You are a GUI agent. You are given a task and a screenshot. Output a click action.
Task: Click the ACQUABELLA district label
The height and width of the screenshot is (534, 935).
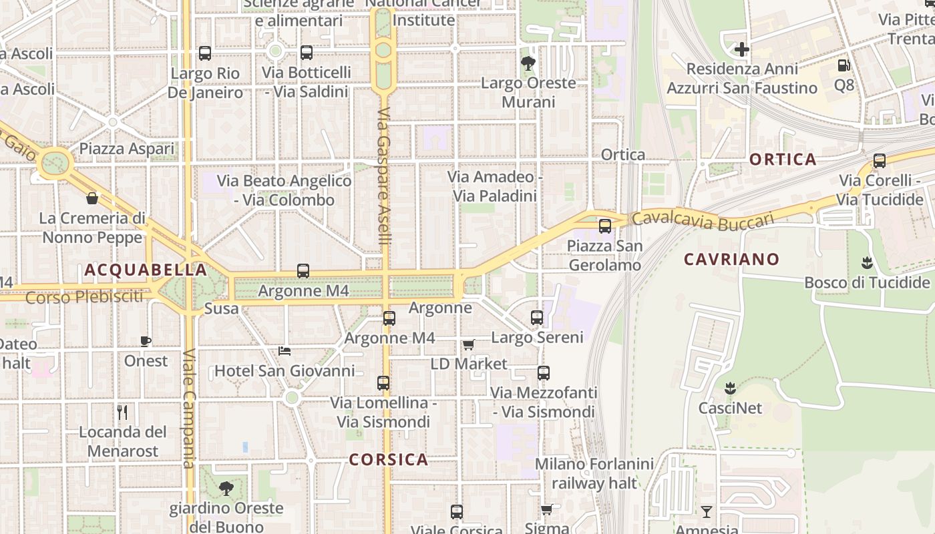coord(146,270)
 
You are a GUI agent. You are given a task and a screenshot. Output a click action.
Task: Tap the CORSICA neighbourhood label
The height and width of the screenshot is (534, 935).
coord(389,459)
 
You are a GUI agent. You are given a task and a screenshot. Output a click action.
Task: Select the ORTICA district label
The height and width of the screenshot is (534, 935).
coord(783,160)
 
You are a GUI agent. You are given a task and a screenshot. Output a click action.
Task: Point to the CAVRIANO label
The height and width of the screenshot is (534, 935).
coord(731,259)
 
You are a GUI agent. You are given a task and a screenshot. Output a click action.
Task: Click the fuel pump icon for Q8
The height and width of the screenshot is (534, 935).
coord(844,65)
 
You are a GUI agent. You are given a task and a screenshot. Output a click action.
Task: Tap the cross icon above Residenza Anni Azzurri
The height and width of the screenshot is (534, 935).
coord(741,49)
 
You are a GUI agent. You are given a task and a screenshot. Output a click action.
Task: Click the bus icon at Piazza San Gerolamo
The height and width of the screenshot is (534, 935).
coord(604,226)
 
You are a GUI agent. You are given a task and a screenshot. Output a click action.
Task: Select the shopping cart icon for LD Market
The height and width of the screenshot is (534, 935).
coord(468,344)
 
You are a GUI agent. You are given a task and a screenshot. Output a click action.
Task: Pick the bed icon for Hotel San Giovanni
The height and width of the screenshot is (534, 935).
coord(285,351)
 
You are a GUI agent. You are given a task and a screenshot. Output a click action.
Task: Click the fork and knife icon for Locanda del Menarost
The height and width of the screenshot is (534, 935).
coord(122,412)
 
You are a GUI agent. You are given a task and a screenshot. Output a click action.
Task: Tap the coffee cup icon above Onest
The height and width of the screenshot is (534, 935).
coord(146,342)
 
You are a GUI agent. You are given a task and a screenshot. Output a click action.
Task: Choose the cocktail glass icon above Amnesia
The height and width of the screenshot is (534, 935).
coord(707,512)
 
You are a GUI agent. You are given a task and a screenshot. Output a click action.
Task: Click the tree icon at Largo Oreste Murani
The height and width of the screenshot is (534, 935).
coord(528,64)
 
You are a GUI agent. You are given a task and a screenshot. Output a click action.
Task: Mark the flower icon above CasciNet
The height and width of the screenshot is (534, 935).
coord(730,388)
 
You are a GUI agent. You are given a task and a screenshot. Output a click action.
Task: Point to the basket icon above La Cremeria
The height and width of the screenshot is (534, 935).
coord(92,198)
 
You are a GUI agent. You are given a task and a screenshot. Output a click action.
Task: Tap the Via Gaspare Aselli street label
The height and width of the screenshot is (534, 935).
coord(383,177)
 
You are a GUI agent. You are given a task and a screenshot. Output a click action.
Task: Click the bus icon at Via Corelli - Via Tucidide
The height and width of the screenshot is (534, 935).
coord(880,161)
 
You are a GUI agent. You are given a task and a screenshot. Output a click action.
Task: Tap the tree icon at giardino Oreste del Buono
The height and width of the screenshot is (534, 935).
coord(226,488)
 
